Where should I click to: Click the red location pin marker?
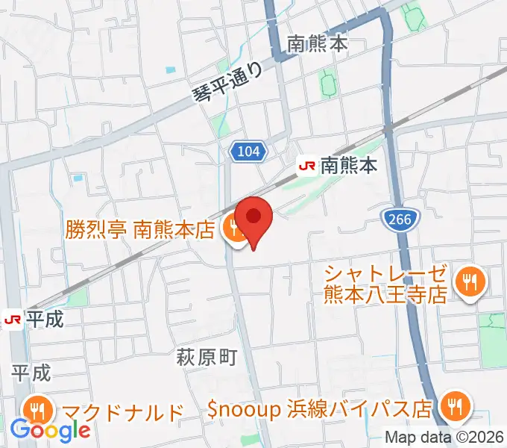click(x=254, y=218)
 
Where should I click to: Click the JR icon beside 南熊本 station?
click(x=306, y=165)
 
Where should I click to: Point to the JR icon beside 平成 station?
click(x=13, y=320)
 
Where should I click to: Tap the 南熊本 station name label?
click(x=350, y=165)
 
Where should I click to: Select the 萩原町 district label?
click(x=206, y=358)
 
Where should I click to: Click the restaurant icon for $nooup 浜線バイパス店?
click(x=453, y=407)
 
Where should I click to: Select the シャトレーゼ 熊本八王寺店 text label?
click(x=385, y=283)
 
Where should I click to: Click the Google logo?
click(x=51, y=430)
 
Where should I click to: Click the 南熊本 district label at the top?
click(x=318, y=44)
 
